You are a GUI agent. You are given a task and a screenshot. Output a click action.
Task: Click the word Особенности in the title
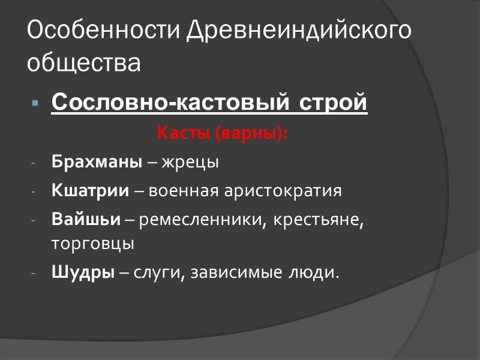[104, 31]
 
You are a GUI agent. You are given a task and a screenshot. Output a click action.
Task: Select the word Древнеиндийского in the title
[299, 31]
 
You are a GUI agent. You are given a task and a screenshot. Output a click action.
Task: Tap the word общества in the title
[84, 62]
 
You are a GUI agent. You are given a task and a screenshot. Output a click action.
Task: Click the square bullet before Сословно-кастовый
[35, 104]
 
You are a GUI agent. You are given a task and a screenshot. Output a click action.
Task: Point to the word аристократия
[282, 191]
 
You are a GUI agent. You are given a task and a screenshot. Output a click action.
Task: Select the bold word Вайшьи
[86, 220]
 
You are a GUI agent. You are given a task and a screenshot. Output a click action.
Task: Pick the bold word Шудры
[83, 273]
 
